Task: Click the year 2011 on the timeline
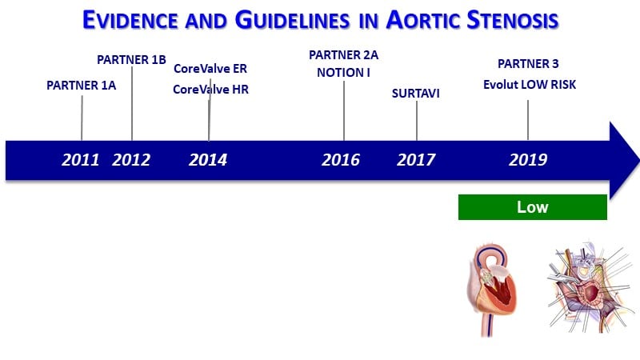coord(81,159)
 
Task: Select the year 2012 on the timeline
coord(131,159)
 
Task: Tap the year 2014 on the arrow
coord(208,159)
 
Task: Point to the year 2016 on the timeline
coord(341,159)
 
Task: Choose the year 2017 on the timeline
coord(416,159)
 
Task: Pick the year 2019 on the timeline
coord(528,159)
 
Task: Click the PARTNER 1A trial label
coord(82,86)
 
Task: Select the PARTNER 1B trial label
coord(131,59)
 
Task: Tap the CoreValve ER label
coord(210,69)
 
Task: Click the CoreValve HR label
coord(210,89)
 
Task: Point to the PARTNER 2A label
coord(344,54)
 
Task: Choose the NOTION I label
coord(343,73)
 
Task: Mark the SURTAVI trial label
coord(415,94)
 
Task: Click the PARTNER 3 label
coord(528,64)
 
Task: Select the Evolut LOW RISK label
coord(530,85)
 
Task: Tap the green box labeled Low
coord(533,207)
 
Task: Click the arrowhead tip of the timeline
coord(639,161)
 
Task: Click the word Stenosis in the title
coord(513,20)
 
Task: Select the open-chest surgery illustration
coord(590,286)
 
